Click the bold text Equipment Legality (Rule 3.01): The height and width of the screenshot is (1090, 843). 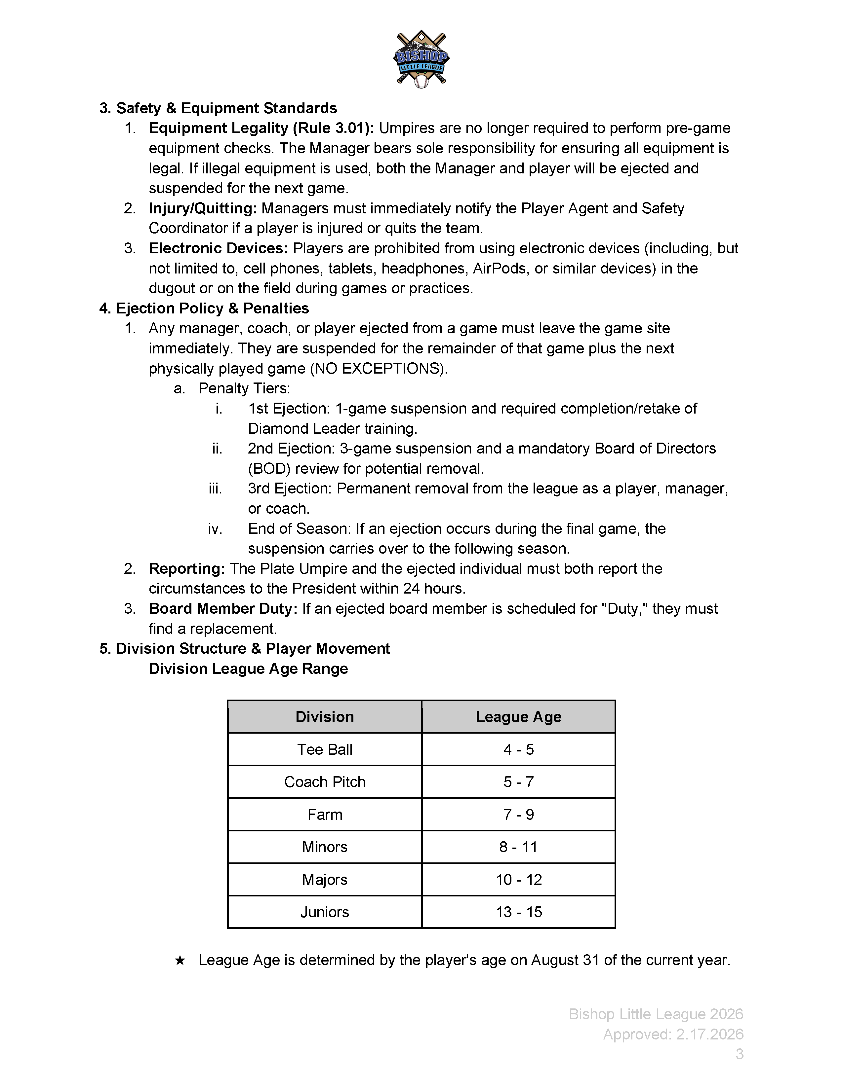tap(261, 128)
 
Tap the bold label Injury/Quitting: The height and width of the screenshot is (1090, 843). tap(203, 208)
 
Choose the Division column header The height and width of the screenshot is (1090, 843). tap(325, 717)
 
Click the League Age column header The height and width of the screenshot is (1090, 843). tap(518, 717)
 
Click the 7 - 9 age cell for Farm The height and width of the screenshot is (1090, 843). tap(518, 815)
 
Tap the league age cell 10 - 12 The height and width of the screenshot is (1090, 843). tap(518, 879)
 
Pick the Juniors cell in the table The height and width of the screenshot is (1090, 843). tap(325, 912)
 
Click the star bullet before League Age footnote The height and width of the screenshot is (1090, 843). tap(180, 960)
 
